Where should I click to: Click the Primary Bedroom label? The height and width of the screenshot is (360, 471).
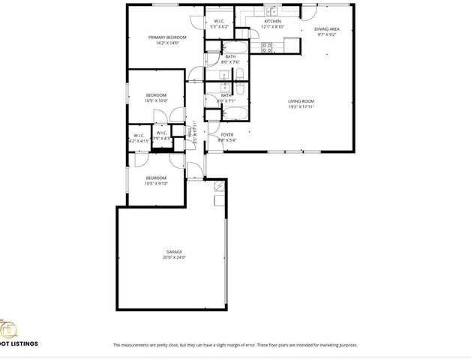tap(166, 37)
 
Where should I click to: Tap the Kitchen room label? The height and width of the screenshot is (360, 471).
tap(272, 21)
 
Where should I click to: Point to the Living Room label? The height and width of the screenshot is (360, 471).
tap(301, 101)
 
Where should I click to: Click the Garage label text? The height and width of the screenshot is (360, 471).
tap(174, 251)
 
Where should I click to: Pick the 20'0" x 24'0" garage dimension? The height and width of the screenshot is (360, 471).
tap(174, 257)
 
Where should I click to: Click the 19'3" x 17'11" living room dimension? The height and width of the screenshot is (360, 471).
tap(301, 107)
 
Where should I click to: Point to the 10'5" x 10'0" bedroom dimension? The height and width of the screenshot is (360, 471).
tap(156, 100)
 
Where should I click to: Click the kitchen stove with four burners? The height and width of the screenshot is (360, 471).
tap(266, 47)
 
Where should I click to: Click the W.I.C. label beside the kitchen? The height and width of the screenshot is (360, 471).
tap(220, 21)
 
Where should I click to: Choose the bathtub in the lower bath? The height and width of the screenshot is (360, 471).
tap(234, 112)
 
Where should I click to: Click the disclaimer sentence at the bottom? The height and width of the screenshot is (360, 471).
tap(235, 345)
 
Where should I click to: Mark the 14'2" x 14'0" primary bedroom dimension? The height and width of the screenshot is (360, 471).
tap(166, 43)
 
